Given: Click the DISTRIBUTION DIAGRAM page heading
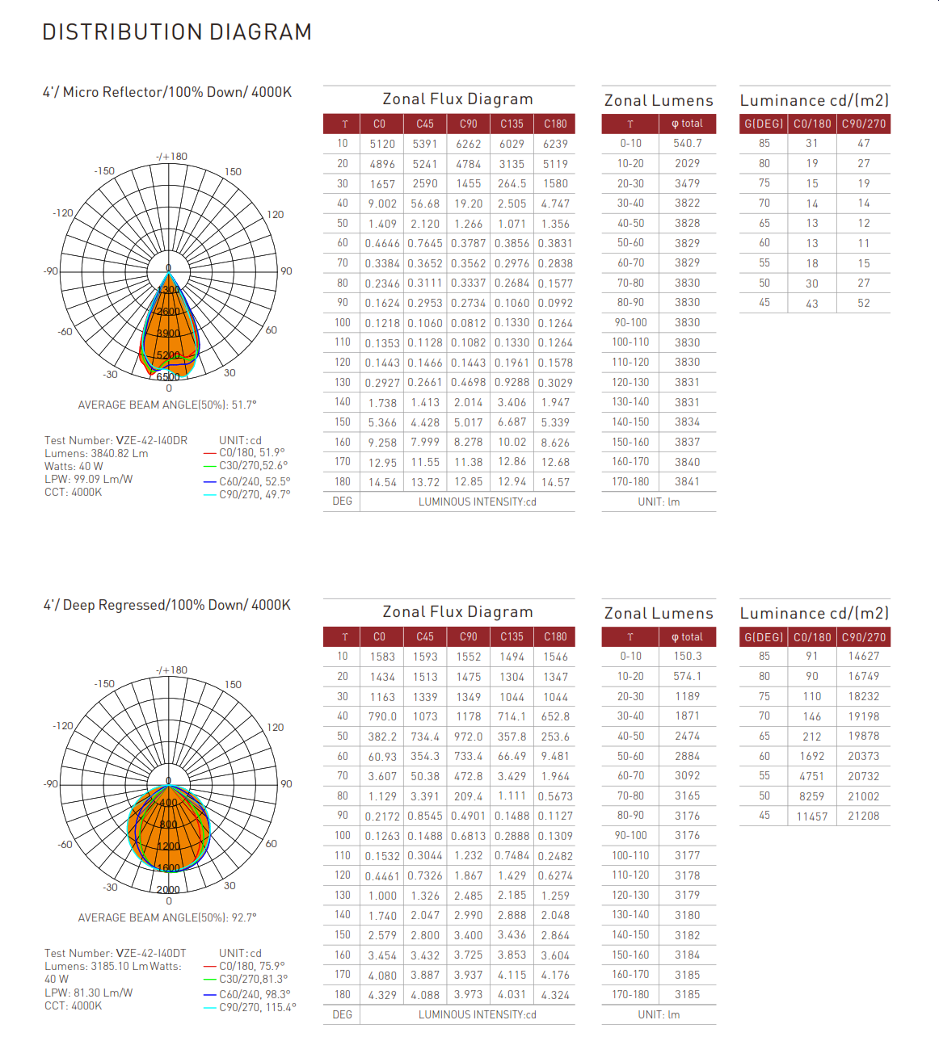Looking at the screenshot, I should pos(177,32).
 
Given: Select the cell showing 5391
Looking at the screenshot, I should pos(425,144).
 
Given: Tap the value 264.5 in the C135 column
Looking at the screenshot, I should pos(512,183).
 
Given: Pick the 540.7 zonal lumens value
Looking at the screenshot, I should pos(688,143).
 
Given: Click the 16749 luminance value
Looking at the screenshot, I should pos(863,676).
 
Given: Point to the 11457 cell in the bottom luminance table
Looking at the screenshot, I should pos(811,816).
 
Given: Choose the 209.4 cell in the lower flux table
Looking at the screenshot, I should pos(468,796).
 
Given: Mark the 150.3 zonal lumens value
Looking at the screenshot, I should pos(688,657).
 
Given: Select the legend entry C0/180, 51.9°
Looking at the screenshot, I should pos(251,452).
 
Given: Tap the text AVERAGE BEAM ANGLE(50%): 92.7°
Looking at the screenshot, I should pos(167,917).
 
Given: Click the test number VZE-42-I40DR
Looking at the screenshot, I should pos(152,440).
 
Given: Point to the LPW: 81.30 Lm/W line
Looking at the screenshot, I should pos(88,993).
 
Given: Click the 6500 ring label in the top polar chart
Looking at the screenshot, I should pos(168,377).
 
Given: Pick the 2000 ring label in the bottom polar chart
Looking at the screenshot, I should pos(168,889).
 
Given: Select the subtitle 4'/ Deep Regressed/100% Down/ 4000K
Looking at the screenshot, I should pos(166,605).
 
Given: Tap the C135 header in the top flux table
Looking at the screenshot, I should pos(512,124).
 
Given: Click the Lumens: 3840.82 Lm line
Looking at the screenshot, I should pos(96,453).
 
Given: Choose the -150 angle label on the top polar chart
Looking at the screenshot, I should pos(104,171).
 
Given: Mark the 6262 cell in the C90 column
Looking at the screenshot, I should pos(468,144).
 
